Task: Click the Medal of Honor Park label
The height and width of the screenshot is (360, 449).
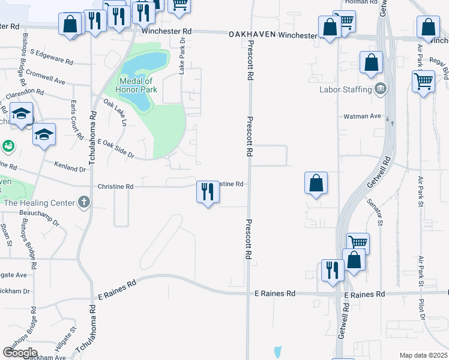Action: (137, 85)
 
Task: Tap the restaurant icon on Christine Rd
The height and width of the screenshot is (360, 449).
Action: (208, 192)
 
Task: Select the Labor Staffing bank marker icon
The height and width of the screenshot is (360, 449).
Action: (381, 89)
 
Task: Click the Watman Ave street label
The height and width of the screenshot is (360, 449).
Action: (363, 116)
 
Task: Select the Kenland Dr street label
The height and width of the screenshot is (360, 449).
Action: (70, 167)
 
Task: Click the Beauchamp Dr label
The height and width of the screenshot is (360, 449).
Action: (40, 217)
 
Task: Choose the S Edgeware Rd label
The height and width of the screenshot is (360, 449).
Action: (51, 61)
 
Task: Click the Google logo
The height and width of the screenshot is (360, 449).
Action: (20, 352)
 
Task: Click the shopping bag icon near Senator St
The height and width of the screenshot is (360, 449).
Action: (316, 183)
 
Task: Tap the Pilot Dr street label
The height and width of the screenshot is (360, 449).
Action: (423, 307)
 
